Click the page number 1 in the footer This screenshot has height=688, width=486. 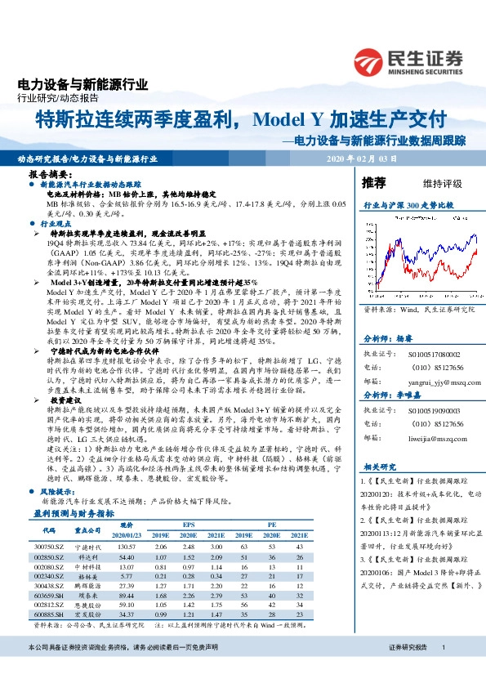pyautogui.click(x=442, y=670)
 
